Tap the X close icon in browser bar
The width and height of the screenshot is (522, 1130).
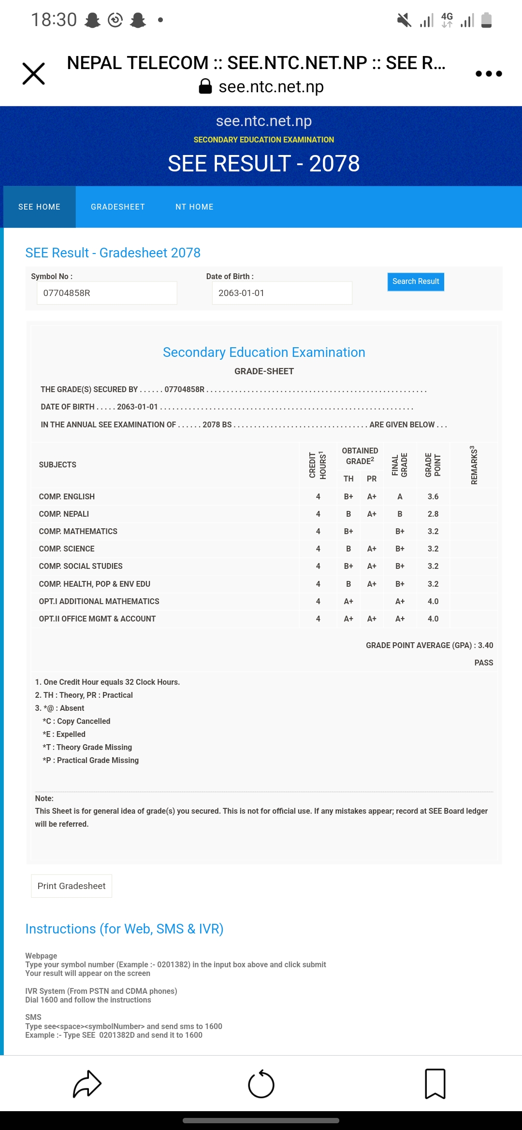coord(34,73)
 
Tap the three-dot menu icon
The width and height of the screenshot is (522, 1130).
coord(489,73)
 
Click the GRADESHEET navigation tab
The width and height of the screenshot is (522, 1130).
coord(118,207)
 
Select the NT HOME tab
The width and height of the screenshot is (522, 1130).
coord(194,207)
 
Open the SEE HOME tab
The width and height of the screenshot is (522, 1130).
coord(39,207)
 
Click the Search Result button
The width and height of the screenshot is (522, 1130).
coord(416,282)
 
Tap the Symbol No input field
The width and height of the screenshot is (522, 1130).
coord(107,293)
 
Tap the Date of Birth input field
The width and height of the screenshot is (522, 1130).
coord(282,293)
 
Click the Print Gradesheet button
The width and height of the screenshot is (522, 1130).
coord(72,886)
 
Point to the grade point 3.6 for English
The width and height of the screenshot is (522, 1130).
coord(433,496)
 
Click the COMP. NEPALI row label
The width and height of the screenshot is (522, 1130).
coord(64,514)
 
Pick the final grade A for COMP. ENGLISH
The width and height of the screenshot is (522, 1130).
coord(400,496)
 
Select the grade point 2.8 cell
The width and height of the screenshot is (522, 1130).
coord(433,514)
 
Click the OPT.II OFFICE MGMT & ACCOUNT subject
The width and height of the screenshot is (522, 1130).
coord(97,619)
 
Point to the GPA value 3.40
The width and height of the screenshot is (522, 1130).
coord(485,645)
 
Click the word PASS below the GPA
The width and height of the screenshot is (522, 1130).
coord(483,663)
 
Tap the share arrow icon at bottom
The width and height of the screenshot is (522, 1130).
coord(87,1084)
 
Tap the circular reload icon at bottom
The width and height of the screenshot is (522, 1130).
coord(261,1084)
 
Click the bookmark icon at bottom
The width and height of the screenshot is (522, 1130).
coord(435,1084)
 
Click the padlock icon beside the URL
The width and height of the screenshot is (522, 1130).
coord(205,86)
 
